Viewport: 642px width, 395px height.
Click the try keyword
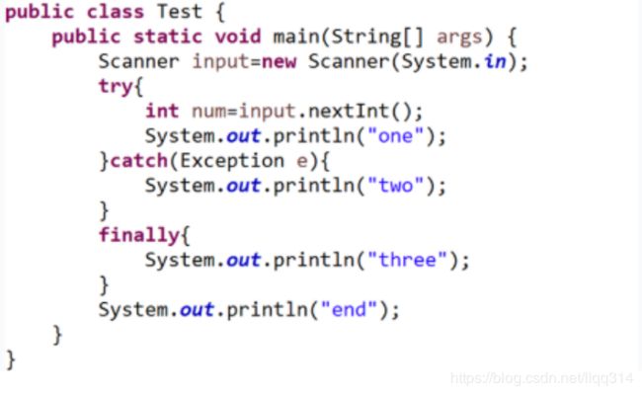117,86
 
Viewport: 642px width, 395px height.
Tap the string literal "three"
406,260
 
